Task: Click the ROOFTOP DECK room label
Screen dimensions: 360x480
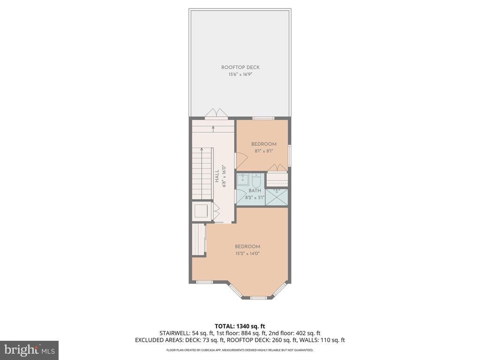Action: point(240,67)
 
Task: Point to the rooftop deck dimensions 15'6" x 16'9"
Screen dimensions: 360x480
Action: point(240,74)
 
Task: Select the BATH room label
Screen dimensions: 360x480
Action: point(255,191)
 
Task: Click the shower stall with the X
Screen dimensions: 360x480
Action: point(277,197)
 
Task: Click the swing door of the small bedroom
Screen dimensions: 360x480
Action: point(240,161)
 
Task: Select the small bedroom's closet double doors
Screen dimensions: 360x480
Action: point(277,168)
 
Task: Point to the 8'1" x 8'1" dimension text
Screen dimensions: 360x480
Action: point(263,151)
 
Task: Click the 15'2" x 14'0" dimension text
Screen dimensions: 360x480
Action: point(247,254)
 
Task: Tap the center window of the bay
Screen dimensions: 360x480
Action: point(258,298)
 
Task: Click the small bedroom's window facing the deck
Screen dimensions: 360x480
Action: point(263,118)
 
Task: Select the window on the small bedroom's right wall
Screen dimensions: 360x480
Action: point(290,155)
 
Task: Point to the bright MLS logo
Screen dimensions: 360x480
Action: point(29,350)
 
